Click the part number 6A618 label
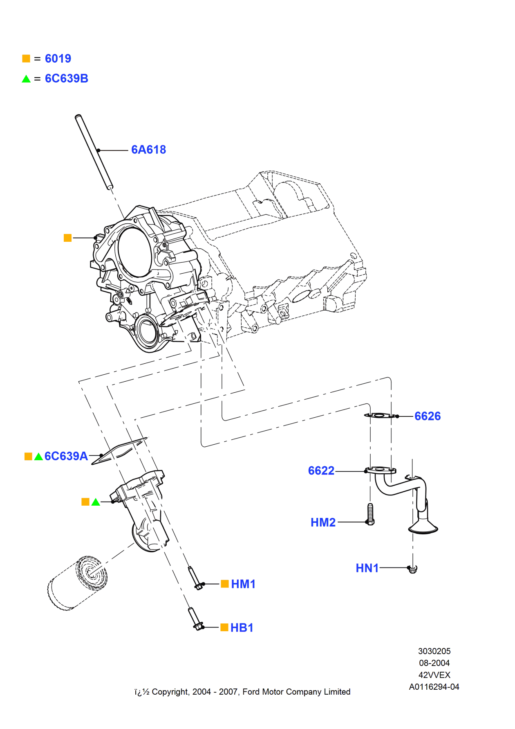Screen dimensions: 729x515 [x=148, y=150]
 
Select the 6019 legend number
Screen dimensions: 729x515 [x=58, y=59]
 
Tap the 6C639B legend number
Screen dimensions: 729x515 [x=67, y=79]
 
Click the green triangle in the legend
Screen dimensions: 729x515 [x=26, y=79]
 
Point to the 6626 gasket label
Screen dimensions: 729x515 [x=428, y=416]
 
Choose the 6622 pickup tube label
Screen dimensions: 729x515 [x=321, y=471]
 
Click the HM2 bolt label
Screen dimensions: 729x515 [x=323, y=522]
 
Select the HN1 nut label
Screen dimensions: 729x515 [x=367, y=568]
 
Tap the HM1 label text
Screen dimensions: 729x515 [x=243, y=584]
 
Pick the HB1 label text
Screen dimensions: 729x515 [x=242, y=628]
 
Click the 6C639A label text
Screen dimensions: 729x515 [x=66, y=456]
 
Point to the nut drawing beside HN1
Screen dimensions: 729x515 [x=413, y=569]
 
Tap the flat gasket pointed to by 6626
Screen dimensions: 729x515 [x=380, y=416]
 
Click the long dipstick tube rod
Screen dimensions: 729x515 [x=94, y=151]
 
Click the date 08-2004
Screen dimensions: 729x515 [x=434, y=663]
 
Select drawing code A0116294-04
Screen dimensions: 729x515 [x=434, y=687]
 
